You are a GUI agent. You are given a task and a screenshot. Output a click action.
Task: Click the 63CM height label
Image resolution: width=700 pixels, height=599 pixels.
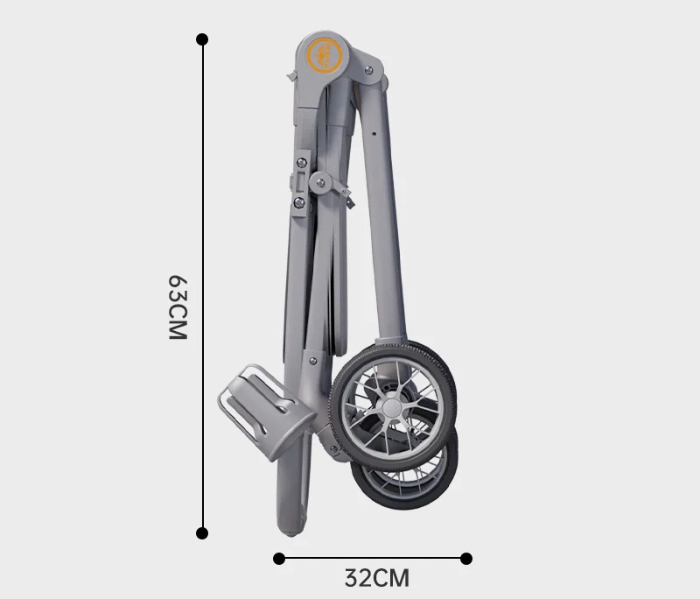178,307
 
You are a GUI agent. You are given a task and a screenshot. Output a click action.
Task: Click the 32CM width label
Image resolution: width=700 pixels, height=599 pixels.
377,578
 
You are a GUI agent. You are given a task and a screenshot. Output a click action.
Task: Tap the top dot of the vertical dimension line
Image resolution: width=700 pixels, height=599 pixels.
202,39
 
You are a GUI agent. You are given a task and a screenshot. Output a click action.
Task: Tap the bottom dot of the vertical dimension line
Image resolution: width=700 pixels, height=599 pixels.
202,533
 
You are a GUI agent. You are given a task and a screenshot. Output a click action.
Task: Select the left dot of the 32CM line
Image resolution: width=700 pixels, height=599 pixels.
279,559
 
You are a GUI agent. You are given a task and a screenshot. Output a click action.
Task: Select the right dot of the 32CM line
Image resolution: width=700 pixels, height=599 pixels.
466,559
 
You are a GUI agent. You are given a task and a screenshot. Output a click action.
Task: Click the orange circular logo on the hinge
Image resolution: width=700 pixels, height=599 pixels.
324,56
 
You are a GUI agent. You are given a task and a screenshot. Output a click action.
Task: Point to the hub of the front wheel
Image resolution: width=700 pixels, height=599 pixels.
391,408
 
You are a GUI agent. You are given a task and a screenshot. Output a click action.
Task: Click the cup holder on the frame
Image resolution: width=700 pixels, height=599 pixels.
267,412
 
